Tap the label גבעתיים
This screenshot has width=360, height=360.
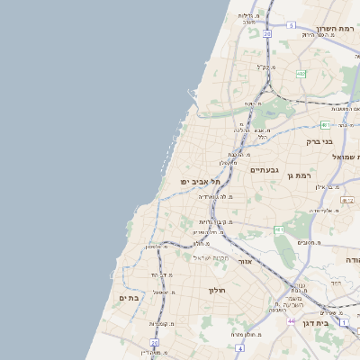click(265, 169)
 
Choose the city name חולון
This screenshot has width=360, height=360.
click(217, 290)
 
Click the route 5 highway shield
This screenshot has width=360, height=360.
click(292, 26)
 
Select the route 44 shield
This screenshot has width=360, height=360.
click(291, 320)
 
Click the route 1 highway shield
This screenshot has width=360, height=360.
click(344, 321)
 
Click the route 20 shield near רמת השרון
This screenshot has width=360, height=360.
click(267, 33)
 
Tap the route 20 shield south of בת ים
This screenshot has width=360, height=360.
click(155, 343)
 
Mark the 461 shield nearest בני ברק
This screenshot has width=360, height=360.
click(325, 125)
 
